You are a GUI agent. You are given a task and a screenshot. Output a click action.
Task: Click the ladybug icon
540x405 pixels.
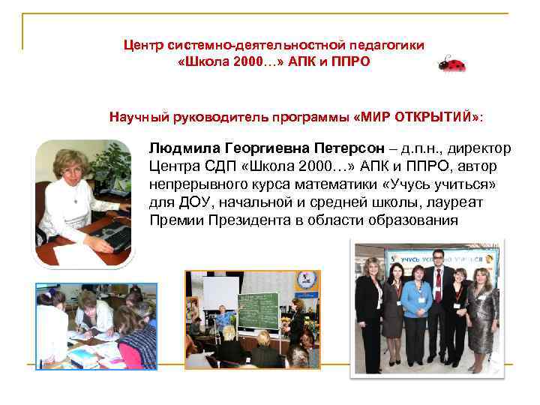click(x=452, y=64)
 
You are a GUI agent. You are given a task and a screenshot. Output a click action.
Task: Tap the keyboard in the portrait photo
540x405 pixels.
click(x=112, y=238)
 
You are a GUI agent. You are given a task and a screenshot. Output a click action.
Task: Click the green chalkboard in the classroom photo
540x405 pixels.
click(x=258, y=307)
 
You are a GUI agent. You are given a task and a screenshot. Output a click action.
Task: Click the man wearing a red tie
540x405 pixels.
click(x=437, y=307)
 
